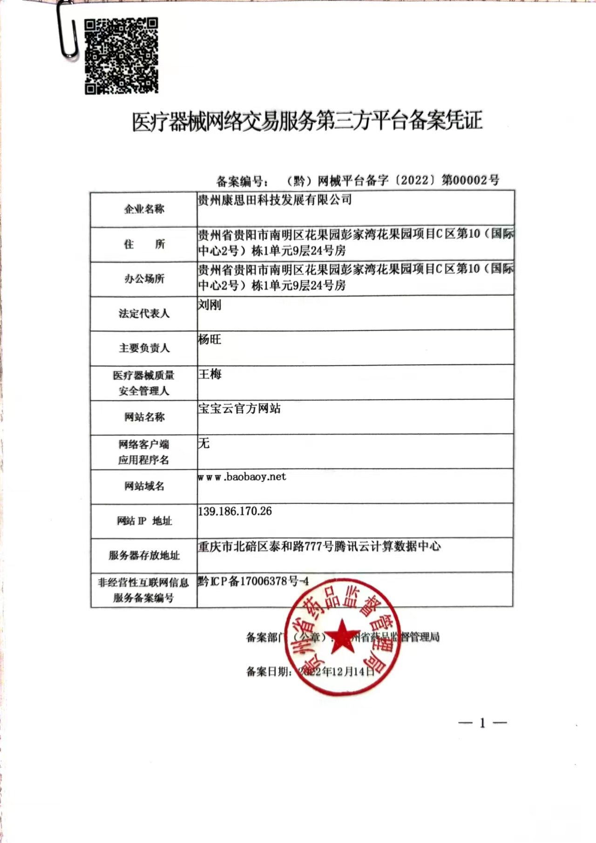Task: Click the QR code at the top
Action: coord(122,56)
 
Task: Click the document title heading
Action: coord(307,121)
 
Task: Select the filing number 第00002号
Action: coord(470,180)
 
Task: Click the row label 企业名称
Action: coord(144,209)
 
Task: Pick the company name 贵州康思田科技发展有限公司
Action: coord(275,200)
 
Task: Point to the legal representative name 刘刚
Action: coord(210,305)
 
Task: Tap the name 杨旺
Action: coord(210,340)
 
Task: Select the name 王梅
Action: coord(210,374)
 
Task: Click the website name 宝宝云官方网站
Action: coord(239,408)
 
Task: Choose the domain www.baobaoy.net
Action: coord(242,477)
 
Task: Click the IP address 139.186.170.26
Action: coord(235,511)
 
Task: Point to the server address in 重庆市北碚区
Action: coord(319,546)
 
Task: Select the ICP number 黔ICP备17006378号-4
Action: coord(253,581)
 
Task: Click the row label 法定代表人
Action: coord(144,313)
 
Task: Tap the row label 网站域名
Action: coord(144,486)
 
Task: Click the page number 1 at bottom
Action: coord(482,723)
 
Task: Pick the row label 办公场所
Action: coord(144,279)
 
